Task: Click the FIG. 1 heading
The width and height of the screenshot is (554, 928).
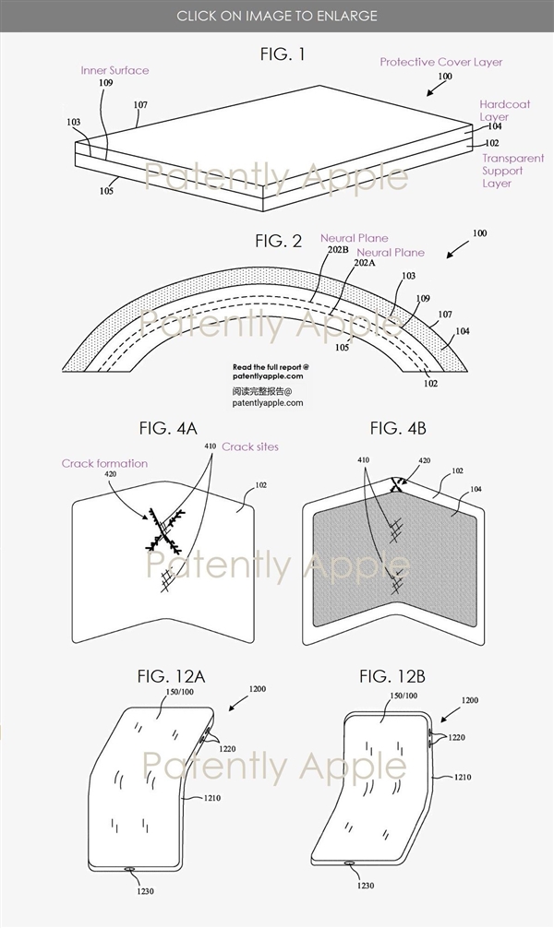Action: [x=283, y=54]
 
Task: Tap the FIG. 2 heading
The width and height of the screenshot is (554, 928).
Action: [x=279, y=241]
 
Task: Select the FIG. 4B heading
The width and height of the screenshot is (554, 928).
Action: [x=398, y=428]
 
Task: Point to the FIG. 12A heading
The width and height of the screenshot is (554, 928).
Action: [x=171, y=676]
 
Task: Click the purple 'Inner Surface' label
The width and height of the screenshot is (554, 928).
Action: [x=114, y=70]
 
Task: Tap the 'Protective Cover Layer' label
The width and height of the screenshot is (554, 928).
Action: [x=440, y=62]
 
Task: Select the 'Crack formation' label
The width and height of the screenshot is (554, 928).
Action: [x=105, y=463]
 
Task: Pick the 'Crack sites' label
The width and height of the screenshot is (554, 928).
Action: [x=250, y=446]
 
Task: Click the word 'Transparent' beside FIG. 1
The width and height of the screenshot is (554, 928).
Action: [x=513, y=158]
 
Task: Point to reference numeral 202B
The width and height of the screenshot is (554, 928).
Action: [x=338, y=250]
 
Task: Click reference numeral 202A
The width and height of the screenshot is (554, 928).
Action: [x=365, y=263]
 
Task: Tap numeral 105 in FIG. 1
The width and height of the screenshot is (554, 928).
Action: [x=107, y=191]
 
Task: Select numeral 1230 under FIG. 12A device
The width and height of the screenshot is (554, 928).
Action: [x=145, y=891]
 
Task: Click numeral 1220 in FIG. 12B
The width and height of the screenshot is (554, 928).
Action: [x=456, y=737]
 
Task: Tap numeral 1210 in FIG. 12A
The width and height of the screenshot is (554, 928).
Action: [x=211, y=798]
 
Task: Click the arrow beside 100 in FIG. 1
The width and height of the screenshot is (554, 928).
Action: [x=438, y=88]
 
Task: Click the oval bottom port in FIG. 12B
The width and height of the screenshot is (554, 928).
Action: [x=350, y=863]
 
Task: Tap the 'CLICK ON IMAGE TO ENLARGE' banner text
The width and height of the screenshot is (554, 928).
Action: [x=277, y=16]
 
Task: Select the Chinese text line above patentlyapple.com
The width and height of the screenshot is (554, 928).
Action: [x=262, y=391]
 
